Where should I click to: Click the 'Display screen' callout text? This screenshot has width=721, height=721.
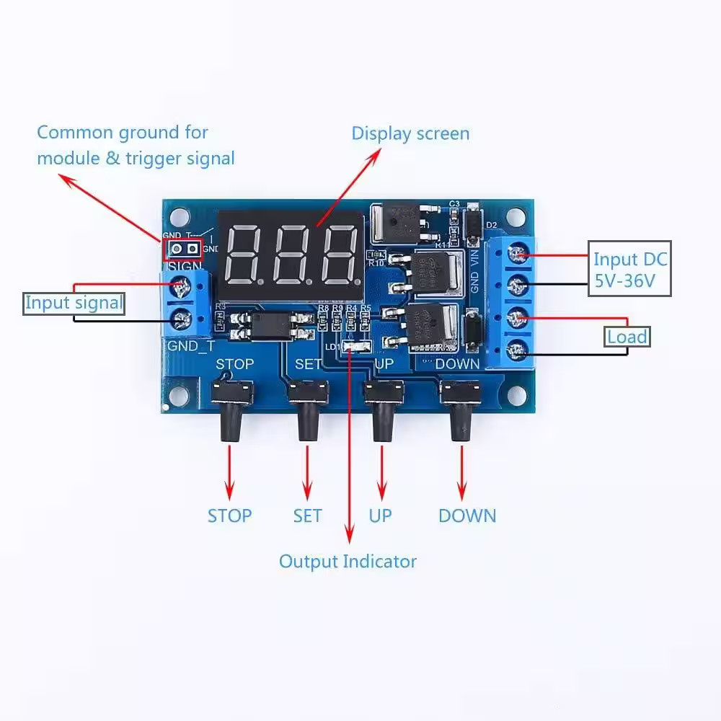point(410,133)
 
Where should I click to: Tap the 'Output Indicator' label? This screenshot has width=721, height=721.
point(348,561)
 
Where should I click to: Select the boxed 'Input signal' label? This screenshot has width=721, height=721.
point(74,303)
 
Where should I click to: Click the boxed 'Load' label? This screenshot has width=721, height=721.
point(627,337)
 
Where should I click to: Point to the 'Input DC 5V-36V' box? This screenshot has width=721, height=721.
point(629,269)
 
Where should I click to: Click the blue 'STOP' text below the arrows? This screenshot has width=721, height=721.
point(229,516)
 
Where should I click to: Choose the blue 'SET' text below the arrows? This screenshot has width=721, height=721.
point(307,516)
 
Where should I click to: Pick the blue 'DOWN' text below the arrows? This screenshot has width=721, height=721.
point(467,516)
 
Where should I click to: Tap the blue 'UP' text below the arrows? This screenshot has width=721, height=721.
point(380,516)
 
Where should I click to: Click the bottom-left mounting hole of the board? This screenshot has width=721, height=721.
point(177,395)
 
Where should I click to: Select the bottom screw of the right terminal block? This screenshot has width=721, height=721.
point(515,351)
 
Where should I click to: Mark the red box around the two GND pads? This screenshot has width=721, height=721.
point(184,249)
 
